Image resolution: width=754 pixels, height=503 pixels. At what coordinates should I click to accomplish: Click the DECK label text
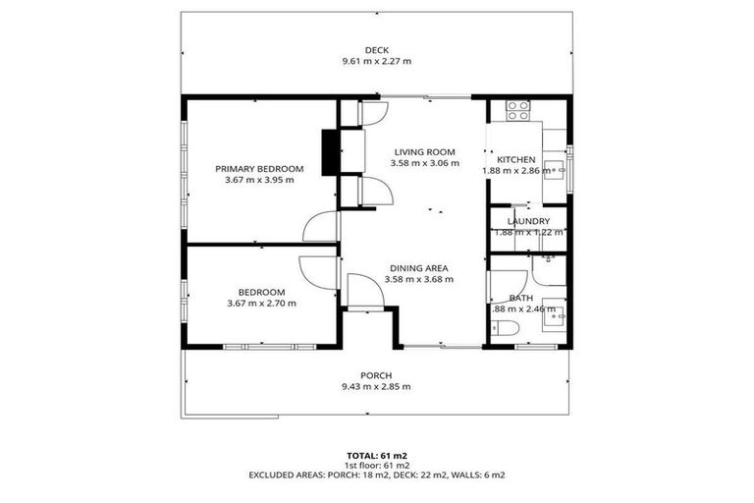(376, 49)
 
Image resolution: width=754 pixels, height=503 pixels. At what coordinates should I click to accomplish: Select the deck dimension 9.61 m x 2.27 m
(376, 61)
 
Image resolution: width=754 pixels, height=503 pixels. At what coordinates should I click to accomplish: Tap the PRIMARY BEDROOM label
(259, 169)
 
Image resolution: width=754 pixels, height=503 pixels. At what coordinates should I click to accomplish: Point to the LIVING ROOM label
(424, 151)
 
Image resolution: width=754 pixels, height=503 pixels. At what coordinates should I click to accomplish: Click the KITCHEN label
(515, 159)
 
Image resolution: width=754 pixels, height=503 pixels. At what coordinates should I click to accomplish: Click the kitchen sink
(555, 170)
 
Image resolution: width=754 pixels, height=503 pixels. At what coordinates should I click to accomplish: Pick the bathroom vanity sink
(555, 312)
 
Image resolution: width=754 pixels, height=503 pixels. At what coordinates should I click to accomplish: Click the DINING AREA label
(421, 267)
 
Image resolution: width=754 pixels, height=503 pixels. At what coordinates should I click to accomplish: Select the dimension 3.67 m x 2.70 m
(260, 304)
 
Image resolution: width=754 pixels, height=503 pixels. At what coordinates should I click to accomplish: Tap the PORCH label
(376, 375)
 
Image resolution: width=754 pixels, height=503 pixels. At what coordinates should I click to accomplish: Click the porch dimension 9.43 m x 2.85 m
(376, 387)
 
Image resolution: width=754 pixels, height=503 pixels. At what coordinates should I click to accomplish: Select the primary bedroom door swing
(322, 227)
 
